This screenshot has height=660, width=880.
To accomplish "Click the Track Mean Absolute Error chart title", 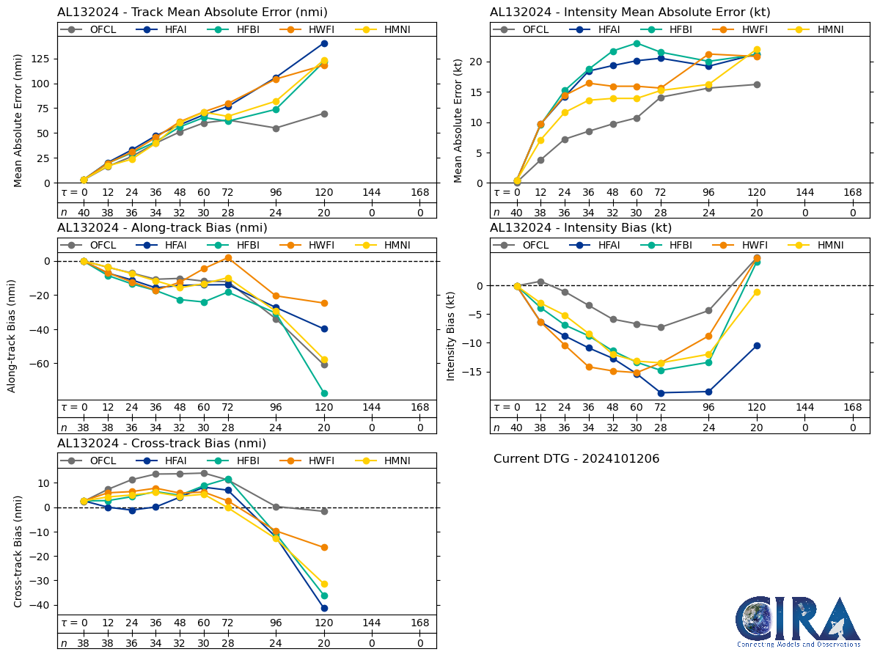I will [x=192, y=12].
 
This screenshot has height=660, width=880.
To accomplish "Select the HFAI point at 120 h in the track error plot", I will [x=324, y=43].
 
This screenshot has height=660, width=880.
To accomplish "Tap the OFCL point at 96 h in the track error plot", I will [x=276, y=128].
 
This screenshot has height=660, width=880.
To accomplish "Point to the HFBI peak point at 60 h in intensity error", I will [x=637, y=44].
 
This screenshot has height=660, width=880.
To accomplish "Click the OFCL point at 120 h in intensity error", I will [x=757, y=84].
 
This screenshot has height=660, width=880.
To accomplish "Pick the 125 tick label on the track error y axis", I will [x=40, y=59].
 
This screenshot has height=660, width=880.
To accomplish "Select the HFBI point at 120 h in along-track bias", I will [x=324, y=393].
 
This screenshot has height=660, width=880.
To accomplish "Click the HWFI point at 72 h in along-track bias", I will [x=228, y=258].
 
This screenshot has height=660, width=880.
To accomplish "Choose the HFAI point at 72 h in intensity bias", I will [x=661, y=393].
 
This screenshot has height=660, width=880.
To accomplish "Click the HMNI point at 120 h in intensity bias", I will [x=757, y=292].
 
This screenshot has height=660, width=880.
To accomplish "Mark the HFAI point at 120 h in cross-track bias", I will [x=324, y=608].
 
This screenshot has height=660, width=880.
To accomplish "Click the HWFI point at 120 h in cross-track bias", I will [x=324, y=547].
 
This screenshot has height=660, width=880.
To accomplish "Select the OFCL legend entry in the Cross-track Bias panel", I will [x=96, y=461].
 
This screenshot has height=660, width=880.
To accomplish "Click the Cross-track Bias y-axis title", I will [x=19, y=551].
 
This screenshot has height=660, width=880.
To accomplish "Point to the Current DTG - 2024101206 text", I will [x=576, y=459].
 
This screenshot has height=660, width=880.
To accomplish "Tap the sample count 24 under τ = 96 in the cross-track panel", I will [x=276, y=643].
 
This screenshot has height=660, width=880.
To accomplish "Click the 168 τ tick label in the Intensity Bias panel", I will [x=853, y=408].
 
